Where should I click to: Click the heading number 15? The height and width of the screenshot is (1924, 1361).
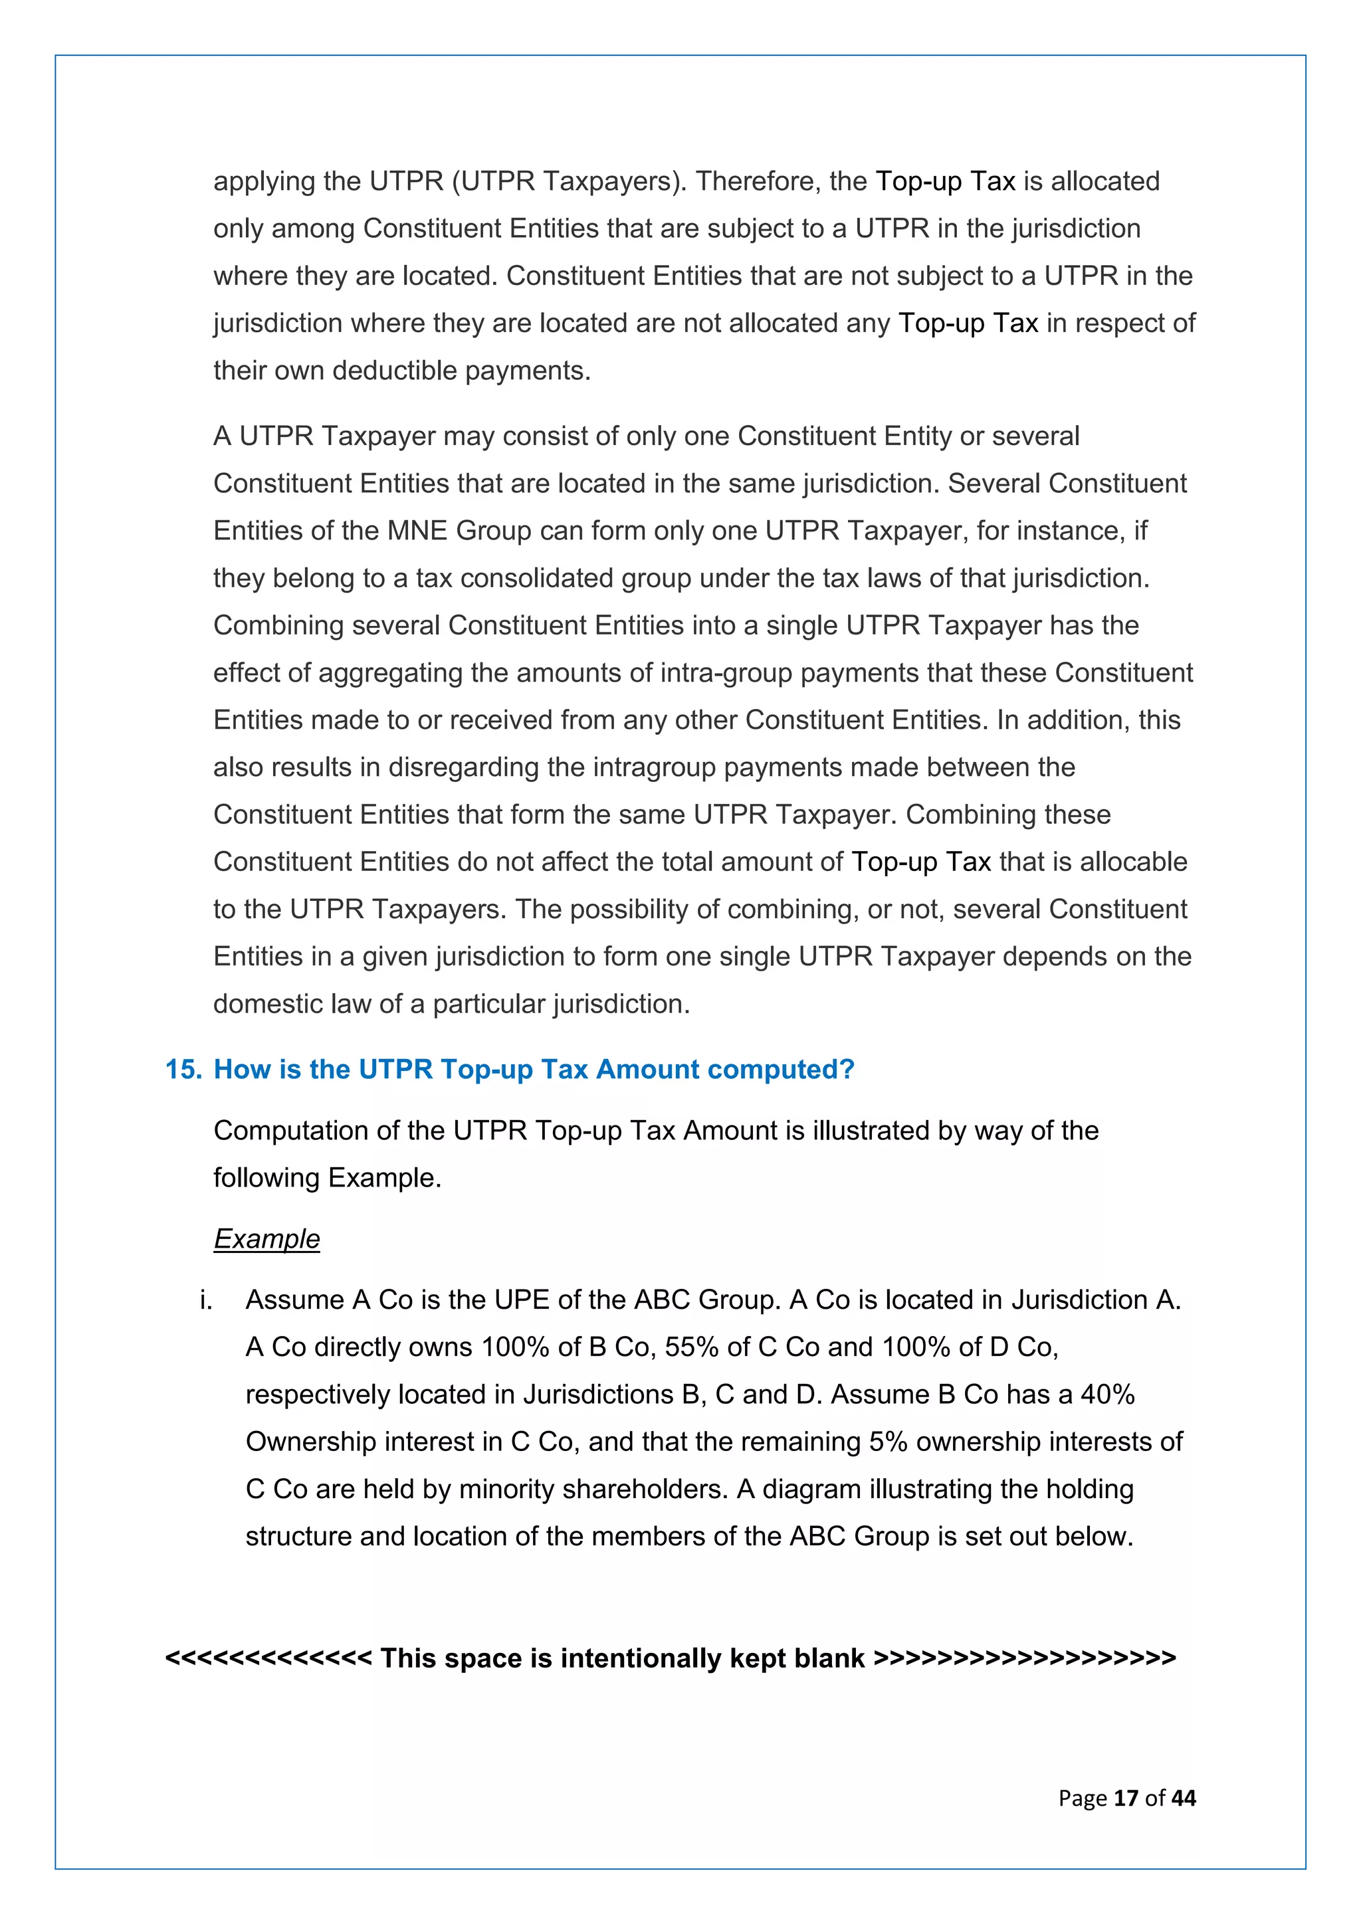click(183, 1070)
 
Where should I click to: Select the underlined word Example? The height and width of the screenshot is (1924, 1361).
click(266, 1238)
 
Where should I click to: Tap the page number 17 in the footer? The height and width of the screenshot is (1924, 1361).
click(1126, 1798)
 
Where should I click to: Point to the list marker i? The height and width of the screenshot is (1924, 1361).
click(205, 1299)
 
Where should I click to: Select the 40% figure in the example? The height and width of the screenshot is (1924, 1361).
click(1107, 1395)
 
